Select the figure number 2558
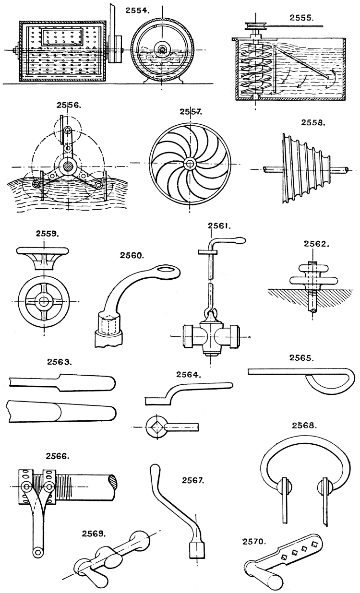[314, 123]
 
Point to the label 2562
[316, 244]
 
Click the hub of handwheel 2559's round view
[44, 301]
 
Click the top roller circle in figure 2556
[68, 130]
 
